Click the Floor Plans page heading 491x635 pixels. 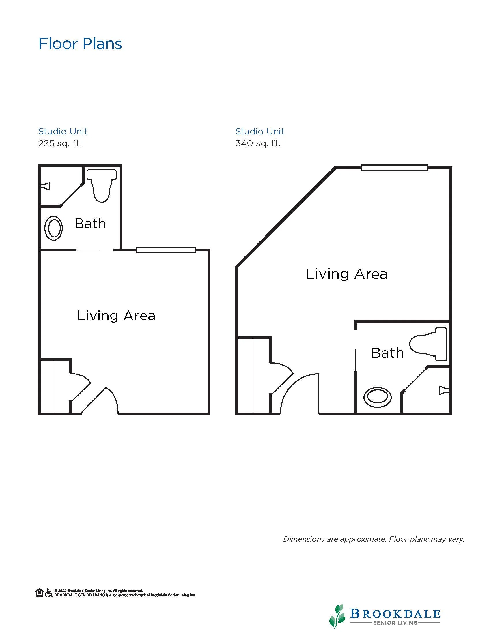pos(80,44)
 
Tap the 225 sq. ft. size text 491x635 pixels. pos(60,143)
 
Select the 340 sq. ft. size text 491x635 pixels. pos(258,143)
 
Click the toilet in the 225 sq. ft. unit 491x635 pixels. pos(102,186)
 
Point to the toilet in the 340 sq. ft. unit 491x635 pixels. pos(428,344)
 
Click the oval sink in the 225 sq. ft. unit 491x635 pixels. pos(53,228)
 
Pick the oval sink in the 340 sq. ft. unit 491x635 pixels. pos(378,397)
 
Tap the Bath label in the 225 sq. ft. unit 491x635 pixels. pos(90,224)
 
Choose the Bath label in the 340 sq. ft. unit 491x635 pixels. pos(387,353)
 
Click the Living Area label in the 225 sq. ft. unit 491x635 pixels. pos(116,316)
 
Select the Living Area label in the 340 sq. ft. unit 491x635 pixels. pos(347,274)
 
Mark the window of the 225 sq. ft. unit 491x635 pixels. pos(166,250)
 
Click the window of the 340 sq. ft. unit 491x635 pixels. pos(394,168)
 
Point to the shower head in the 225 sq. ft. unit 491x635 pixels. pos(46,186)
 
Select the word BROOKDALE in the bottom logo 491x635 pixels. pos(395,614)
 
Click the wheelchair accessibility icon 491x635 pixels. pos(48,593)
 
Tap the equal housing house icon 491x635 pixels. pos(39,593)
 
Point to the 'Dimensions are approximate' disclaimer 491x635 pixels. pos(374,539)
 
